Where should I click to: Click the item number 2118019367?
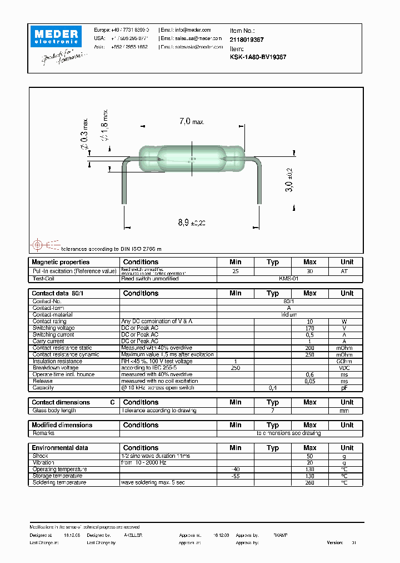pos(246,39)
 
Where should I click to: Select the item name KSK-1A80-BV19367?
pos(258,57)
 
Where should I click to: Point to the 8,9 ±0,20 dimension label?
pos(192,223)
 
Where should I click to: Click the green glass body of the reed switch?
pos(192,159)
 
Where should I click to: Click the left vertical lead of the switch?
pos(123,186)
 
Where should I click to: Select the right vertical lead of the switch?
pos(259,186)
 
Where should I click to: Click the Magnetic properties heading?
pos(61,262)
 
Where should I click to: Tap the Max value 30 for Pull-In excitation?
pos(309,271)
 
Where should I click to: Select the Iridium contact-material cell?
pos(289,315)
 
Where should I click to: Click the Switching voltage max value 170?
pos(309,328)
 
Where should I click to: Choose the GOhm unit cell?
pos(347,361)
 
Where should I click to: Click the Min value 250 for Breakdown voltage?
pos(235,368)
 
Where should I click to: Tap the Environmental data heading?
pos(60,448)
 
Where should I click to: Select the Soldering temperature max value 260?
pos(309,482)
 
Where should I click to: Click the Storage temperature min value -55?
pos(235,476)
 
